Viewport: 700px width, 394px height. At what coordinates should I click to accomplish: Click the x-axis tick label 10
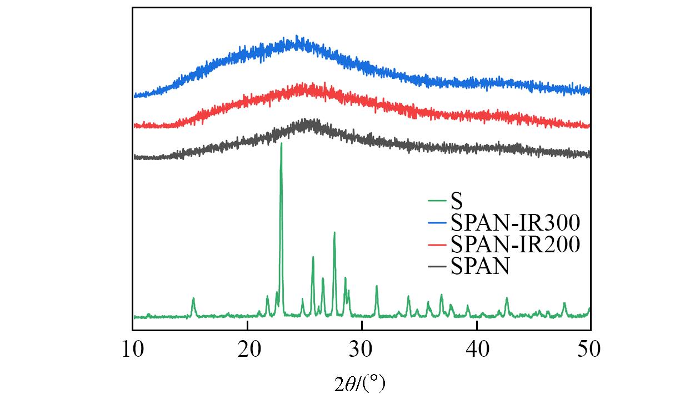tap(133, 350)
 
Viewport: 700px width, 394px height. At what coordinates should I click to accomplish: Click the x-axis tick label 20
tap(247, 350)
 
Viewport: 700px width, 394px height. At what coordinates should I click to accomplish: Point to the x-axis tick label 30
tap(362, 350)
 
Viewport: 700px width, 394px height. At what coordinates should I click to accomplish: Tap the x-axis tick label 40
tap(477, 350)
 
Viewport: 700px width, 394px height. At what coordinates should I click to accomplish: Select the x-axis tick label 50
tap(590, 350)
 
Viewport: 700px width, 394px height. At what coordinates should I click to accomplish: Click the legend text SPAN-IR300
tap(516, 223)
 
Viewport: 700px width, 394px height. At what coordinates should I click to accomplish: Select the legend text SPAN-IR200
tap(516, 245)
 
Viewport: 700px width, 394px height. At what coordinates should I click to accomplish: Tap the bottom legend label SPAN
tap(481, 267)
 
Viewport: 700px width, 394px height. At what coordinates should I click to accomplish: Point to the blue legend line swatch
tap(438, 223)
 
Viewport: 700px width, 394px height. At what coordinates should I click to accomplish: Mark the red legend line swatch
tap(438, 245)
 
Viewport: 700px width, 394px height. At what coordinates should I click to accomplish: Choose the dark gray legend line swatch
tap(438, 267)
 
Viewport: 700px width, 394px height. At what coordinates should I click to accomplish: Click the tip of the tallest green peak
tap(281, 143)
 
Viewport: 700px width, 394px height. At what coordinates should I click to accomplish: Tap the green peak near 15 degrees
tap(193, 298)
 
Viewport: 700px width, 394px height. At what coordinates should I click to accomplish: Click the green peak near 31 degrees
tap(377, 286)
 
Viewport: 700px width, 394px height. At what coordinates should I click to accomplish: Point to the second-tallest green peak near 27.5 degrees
tap(334, 232)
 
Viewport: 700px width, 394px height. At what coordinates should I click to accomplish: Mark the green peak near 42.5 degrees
tap(507, 298)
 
